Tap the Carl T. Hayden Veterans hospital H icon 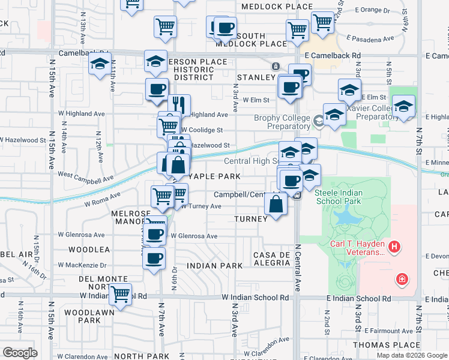pyautogui.click(x=394, y=246)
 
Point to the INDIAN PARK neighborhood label pyautogui.click(x=214, y=265)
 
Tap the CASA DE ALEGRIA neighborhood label pyautogui.click(x=273, y=259)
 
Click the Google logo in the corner pyautogui.click(x=20, y=352)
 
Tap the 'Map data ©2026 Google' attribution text pyautogui.click(x=412, y=355)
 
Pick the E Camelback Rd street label pyautogui.click(x=333, y=55)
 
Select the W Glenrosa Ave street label pyautogui.click(x=194, y=236)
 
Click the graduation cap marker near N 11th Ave pyautogui.click(x=100, y=64)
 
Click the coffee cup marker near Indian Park pyautogui.click(x=154, y=258)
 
